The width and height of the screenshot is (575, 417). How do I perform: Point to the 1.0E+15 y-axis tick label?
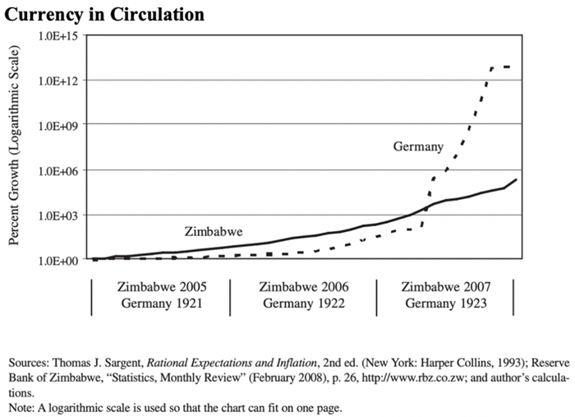click(x=57, y=36)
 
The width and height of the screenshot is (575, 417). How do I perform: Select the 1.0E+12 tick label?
click(x=57, y=81)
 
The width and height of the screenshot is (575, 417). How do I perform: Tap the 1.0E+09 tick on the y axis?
click(x=57, y=126)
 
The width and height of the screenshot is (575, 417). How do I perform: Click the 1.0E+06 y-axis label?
click(x=57, y=170)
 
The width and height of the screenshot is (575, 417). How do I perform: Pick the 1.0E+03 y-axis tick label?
click(x=57, y=215)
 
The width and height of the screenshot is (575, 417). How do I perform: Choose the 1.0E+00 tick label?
click(x=57, y=260)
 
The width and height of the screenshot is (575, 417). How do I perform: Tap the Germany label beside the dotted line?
click(x=417, y=146)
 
